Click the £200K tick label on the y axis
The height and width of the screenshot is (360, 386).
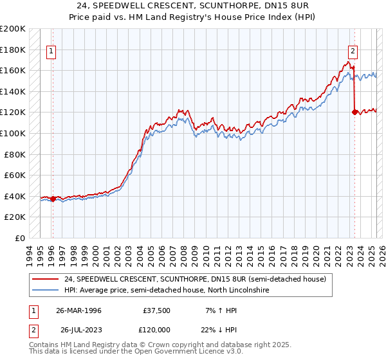point(13,29)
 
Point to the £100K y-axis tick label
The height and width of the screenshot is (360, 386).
point(13,133)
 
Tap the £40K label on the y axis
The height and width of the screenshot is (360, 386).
point(15,196)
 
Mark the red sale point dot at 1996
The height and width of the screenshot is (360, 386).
point(53,199)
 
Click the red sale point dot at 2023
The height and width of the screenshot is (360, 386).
point(354,113)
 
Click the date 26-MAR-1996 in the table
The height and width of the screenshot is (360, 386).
point(78,310)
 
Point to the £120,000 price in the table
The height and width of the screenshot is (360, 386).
point(156,329)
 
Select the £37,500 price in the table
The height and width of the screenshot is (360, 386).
point(156,310)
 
